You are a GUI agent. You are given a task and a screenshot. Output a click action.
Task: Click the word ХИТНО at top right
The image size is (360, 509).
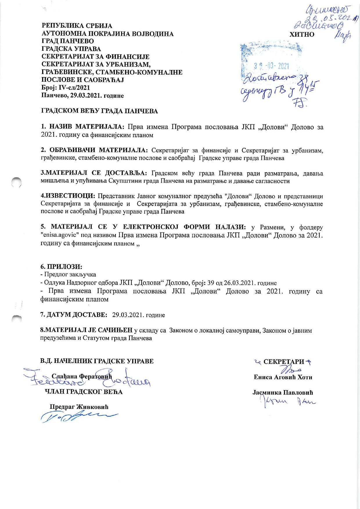[302, 34]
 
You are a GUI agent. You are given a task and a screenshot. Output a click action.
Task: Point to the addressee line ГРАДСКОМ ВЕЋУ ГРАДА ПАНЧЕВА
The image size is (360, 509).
[99, 111]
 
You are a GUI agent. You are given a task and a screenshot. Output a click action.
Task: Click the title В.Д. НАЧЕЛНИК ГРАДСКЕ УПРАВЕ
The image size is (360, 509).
[97, 361]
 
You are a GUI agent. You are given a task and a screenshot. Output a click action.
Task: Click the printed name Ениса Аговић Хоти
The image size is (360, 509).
[283, 377]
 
